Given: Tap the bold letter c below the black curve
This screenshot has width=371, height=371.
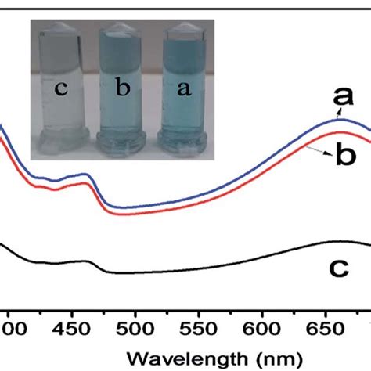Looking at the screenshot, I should tap(338, 268).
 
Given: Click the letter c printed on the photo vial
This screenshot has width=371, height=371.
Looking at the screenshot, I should tap(61, 90).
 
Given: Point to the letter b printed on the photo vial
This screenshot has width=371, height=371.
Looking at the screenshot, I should tap(124, 90).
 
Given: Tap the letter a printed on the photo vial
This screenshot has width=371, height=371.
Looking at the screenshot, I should tap(185, 88).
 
